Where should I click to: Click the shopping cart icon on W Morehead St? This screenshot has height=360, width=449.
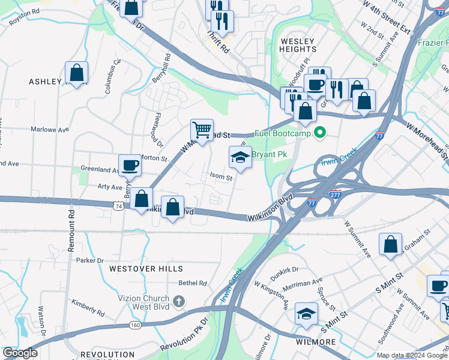click(x=202, y=130)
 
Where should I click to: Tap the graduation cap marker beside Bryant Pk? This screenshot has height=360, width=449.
click(x=240, y=158)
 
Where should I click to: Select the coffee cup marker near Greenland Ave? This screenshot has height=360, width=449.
click(x=129, y=165)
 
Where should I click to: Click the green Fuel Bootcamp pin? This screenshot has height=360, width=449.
click(x=321, y=133)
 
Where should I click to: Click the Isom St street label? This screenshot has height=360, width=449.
click(x=221, y=177)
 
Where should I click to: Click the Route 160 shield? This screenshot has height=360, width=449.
click(x=135, y=325)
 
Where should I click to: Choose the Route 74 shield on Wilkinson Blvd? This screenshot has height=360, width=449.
click(x=118, y=206)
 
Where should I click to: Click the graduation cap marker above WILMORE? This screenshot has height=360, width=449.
click(x=306, y=314)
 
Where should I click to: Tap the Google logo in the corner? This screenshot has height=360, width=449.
click(x=20, y=353)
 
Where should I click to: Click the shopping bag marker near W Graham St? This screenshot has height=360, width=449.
click(x=391, y=244)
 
